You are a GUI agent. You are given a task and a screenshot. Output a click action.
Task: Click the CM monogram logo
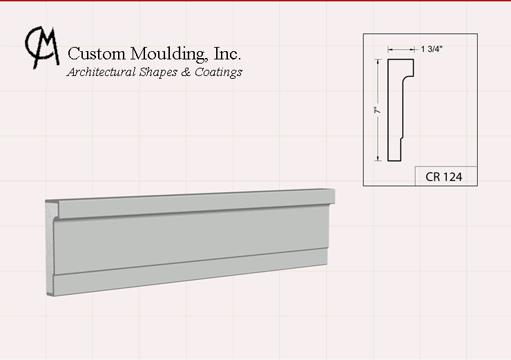point(42,47)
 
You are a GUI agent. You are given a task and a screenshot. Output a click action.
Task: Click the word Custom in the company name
point(97,53)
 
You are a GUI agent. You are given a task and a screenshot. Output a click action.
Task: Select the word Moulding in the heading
point(168,54)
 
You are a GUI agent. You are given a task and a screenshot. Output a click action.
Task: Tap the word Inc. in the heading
point(227,53)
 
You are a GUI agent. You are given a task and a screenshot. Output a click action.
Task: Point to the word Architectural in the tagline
point(102,72)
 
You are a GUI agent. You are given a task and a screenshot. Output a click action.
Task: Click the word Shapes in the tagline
point(158,73)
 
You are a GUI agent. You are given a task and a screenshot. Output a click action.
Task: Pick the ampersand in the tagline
point(186,72)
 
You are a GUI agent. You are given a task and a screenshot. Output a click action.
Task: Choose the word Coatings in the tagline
point(218,73)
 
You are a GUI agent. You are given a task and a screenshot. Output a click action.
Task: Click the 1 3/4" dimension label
point(432,49)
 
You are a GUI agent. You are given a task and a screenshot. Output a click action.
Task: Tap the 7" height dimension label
point(377,111)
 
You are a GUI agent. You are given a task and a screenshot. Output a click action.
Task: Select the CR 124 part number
point(443,177)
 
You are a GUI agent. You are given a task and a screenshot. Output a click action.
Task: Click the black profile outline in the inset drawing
point(388,110)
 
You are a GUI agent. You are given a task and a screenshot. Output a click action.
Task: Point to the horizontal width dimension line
point(401,50)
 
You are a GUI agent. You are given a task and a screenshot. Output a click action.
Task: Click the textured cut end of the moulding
point(50,248)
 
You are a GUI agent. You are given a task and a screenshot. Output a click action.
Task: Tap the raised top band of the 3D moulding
point(195,203)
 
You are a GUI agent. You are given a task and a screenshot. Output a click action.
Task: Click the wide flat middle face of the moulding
point(191,239)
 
